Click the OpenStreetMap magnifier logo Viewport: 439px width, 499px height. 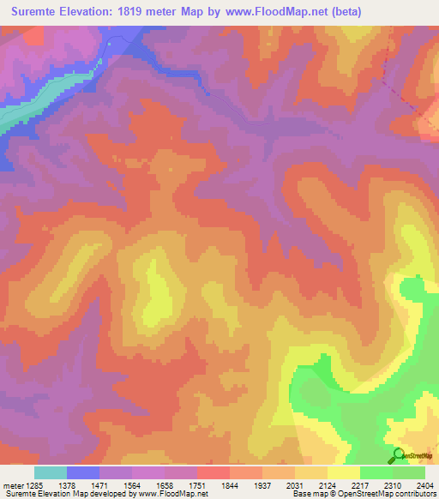(x=399, y=455)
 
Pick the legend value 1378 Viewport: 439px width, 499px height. (x=83, y=485)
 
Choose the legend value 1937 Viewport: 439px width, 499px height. (x=277, y=485)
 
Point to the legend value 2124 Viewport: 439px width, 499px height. (x=342, y=485)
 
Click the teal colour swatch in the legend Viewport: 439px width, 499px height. (x=51, y=472)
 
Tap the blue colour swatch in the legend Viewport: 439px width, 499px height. (x=83, y=472)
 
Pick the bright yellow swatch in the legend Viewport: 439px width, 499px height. (x=343, y=472)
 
